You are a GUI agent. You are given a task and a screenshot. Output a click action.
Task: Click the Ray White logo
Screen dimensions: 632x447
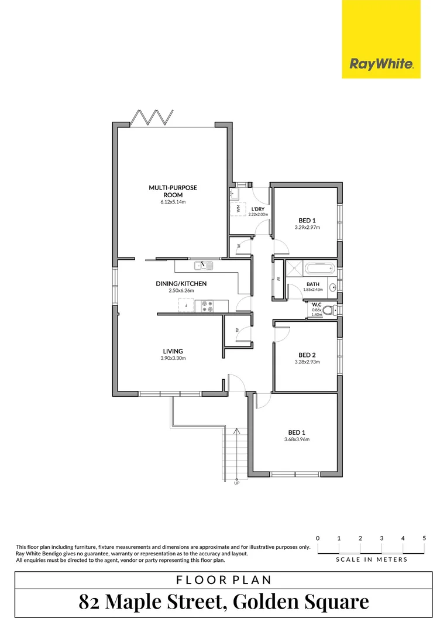click(381, 64)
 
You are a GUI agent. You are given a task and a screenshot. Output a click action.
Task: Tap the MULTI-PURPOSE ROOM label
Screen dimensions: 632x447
click(173, 191)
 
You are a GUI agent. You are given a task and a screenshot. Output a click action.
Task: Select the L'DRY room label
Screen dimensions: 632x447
click(258, 209)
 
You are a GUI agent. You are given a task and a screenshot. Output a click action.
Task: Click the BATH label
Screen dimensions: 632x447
click(312, 284)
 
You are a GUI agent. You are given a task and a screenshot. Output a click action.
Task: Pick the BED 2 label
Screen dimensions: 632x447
click(307, 355)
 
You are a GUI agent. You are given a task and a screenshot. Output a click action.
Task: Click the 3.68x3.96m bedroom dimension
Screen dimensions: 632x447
click(296, 439)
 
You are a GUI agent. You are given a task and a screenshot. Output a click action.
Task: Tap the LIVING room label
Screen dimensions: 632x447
click(174, 351)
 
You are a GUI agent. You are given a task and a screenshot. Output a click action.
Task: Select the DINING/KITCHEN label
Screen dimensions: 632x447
click(181, 284)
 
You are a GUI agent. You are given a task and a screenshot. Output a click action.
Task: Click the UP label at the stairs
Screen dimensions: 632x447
click(236, 483)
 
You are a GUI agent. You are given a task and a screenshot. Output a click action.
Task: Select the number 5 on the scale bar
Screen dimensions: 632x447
click(424, 538)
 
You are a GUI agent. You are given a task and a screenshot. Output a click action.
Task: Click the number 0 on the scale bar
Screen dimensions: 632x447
click(317, 538)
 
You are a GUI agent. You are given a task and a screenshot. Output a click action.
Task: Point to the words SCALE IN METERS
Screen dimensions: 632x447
click(372, 559)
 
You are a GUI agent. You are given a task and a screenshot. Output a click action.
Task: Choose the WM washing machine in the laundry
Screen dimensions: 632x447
click(238, 208)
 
